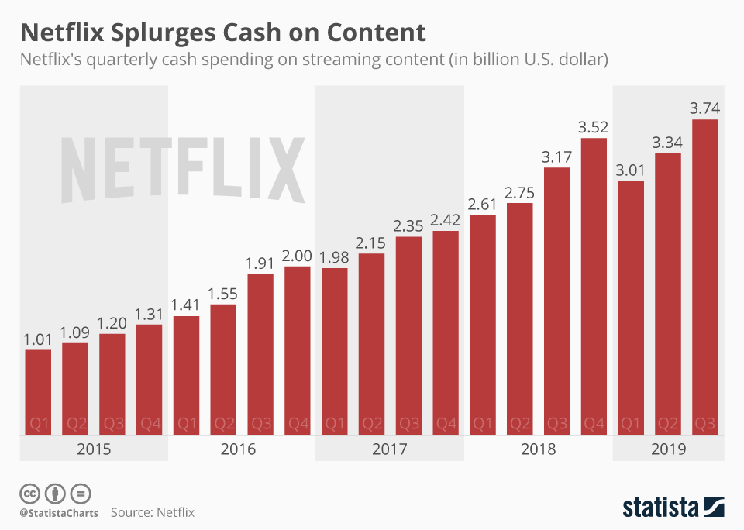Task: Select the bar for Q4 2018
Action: tap(594, 287)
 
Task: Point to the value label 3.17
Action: tap(556, 157)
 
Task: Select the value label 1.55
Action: tap(223, 294)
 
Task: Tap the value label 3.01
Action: tap(631, 170)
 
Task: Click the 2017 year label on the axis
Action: tap(390, 449)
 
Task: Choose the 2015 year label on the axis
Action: tap(94, 449)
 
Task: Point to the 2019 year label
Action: tap(669, 449)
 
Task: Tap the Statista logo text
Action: tap(660, 508)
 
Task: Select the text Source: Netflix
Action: tap(152, 512)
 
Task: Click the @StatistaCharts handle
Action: tap(59, 513)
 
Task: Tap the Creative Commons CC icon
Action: tap(30, 494)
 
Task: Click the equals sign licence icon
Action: tap(80, 494)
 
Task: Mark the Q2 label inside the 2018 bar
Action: tap(519, 424)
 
